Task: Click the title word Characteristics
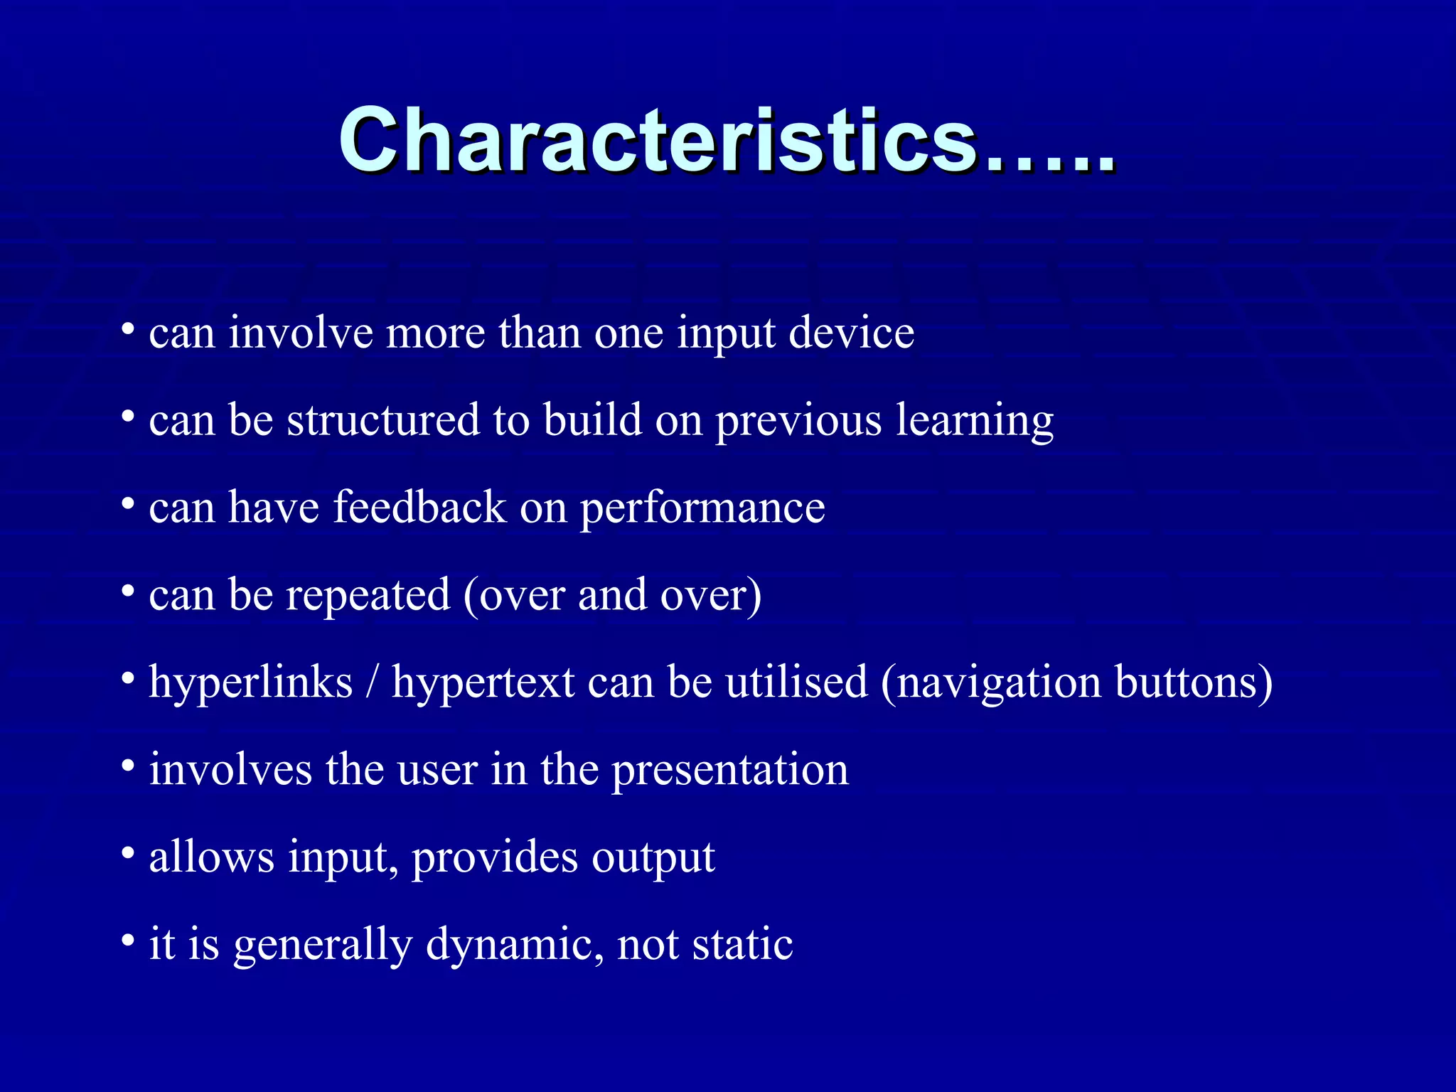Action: click(x=658, y=139)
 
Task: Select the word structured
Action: click(x=383, y=420)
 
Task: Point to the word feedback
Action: click(x=419, y=508)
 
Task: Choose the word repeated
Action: click(x=368, y=596)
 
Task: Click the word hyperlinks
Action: click(x=251, y=683)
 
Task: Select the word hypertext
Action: click(x=483, y=683)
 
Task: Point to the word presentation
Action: click(x=730, y=771)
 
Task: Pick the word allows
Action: click(x=211, y=857)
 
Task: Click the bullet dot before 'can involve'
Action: click(x=128, y=330)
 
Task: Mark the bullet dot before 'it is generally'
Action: click(x=128, y=941)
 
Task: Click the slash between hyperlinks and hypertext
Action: click(x=372, y=683)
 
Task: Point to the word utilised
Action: click(x=796, y=682)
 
